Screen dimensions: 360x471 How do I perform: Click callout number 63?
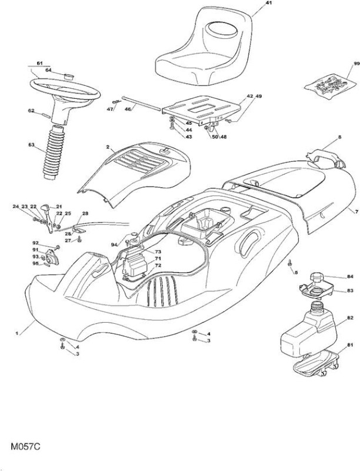coord(32,144)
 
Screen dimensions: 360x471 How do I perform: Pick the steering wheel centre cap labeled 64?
coord(69,75)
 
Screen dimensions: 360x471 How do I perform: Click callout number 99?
coord(356,64)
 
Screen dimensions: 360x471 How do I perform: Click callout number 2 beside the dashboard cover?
coord(107,147)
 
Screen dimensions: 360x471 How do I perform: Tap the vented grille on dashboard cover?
coord(139,161)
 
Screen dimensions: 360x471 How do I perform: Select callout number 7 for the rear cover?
coord(356,212)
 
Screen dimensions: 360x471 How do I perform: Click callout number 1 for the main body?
coord(17,333)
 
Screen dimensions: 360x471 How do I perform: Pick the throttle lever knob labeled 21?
coord(45,207)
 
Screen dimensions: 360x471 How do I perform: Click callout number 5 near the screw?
coord(296,273)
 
